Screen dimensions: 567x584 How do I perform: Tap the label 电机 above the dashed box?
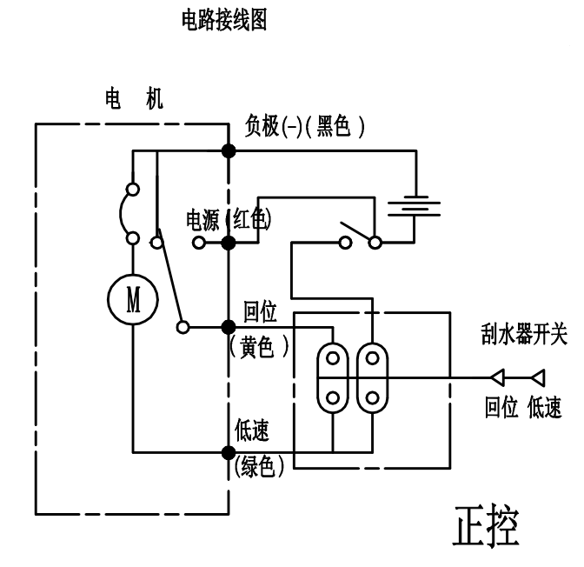[130, 98]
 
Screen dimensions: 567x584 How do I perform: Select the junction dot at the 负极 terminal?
[229, 151]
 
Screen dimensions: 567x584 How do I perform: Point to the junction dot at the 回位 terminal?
[229, 327]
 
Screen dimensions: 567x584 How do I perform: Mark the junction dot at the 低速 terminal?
[229, 452]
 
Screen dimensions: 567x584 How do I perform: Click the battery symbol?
[414, 208]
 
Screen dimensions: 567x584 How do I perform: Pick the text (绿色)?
[260, 467]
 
